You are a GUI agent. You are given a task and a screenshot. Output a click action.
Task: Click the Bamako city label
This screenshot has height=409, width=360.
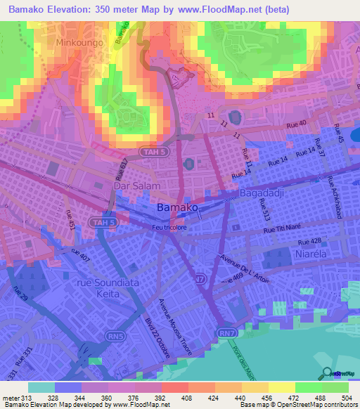[177, 208]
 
